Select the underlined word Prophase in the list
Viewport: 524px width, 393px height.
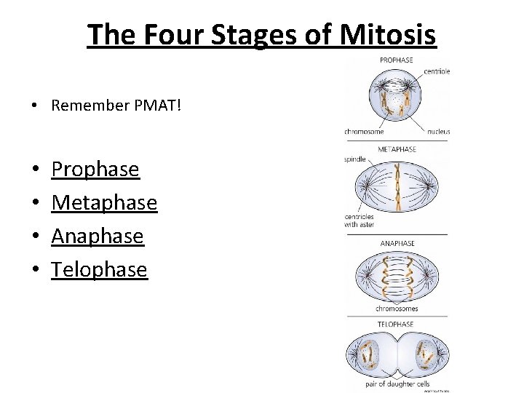pyautogui.click(x=95, y=169)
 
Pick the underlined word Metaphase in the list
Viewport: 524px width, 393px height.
pyautogui.click(x=104, y=202)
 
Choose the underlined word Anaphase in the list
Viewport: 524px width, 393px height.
pyautogui.click(x=98, y=236)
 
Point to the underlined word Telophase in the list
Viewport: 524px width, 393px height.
pyautogui.click(x=99, y=269)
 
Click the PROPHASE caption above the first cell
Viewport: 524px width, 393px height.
pyautogui.click(x=397, y=60)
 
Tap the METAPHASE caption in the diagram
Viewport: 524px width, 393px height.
pyautogui.click(x=397, y=149)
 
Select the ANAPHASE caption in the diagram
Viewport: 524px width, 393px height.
pyautogui.click(x=397, y=243)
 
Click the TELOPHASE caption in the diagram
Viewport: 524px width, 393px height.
pyautogui.click(x=395, y=324)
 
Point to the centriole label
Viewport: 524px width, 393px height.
pyautogui.click(x=436, y=71)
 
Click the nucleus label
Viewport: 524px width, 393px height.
pyautogui.click(x=439, y=132)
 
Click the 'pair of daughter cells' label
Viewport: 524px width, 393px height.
pyautogui.click(x=397, y=384)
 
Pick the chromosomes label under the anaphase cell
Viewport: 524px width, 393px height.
pyautogui.click(x=397, y=309)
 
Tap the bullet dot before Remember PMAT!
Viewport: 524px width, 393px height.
pyautogui.click(x=34, y=106)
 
